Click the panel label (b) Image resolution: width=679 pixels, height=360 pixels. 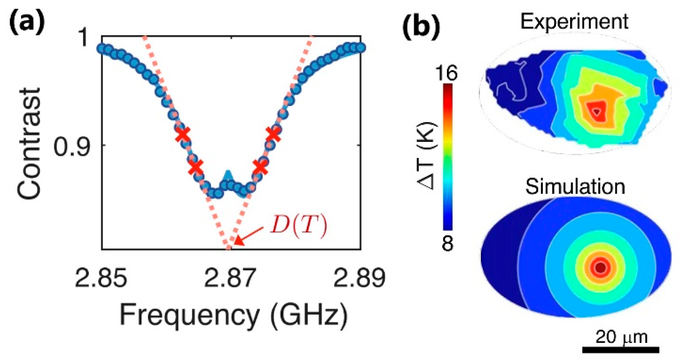point(421,27)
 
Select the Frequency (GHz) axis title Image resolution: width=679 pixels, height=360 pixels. point(234,315)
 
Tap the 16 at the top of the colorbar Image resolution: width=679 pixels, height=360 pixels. point(446,72)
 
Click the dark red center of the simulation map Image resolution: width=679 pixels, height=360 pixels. point(601,268)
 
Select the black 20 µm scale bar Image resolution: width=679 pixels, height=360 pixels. point(621,350)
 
